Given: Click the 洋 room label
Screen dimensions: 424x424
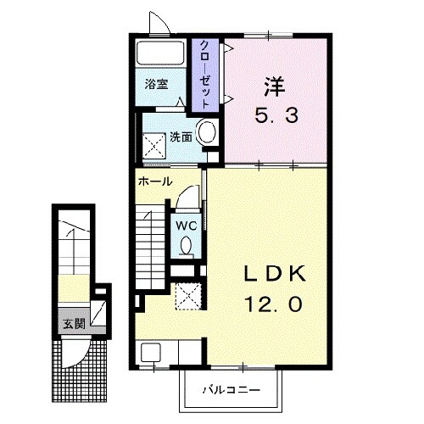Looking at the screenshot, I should point(272,86).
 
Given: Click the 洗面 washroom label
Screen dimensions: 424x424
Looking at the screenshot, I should point(179,136).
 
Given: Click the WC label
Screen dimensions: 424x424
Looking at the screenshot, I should point(187,226).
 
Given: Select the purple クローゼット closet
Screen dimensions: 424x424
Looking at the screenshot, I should point(204,75).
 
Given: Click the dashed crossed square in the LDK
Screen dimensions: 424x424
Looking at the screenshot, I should point(188,295).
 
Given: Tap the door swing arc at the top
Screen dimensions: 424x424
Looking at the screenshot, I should point(159,23).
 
